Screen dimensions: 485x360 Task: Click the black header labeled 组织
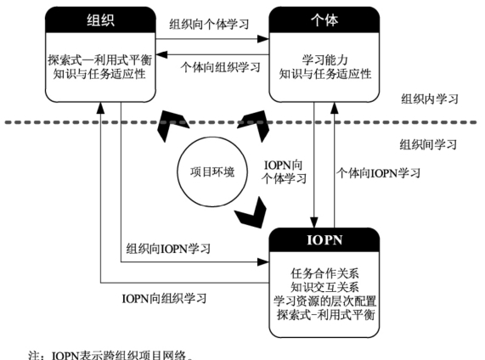click(x=100, y=20)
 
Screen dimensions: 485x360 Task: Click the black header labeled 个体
click(x=324, y=20)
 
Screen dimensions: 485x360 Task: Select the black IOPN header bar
click(x=324, y=240)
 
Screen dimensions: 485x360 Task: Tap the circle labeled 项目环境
click(x=212, y=172)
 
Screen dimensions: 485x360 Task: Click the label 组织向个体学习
click(x=209, y=24)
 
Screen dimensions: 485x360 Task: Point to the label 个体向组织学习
click(x=220, y=67)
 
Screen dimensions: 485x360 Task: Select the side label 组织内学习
click(x=430, y=99)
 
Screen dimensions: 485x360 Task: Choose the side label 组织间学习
click(x=428, y=144)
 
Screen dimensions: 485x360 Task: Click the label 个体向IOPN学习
click(x=379, y=173)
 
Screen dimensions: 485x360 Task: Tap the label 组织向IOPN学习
click(x=168, y=249)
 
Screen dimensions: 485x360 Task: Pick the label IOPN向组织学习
click(x=164, y=299)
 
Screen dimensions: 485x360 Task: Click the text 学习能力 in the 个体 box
click(x=324, y=60)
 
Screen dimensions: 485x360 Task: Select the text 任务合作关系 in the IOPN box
click(x=324, y=273)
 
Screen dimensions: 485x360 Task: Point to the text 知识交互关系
click(x=324, y=287)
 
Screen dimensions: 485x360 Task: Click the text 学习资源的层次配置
click(x=324, y=301)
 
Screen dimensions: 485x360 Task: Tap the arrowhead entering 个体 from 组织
click(x=263, y=39)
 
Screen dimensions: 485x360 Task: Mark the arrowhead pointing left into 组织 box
click(x=161, y=54)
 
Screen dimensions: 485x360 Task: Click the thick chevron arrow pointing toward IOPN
click(x=251, y=214)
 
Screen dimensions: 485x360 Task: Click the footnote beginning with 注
click(x=110, y=355)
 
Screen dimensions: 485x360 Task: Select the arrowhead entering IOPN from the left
click(x=263, y=262)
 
